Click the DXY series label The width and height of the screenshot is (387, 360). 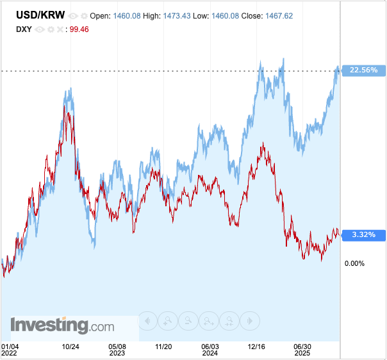[x=24, y=29]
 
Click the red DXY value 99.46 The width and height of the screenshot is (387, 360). [x=79, y=29]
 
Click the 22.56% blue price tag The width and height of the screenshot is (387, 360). [x=364, y=70]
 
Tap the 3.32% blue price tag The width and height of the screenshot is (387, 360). [x=364, y=235]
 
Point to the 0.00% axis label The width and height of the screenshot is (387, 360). [x=354, y=263]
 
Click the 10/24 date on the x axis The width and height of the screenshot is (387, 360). [x=70, y=347]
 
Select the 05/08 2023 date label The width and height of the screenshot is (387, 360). [x=117, y=350]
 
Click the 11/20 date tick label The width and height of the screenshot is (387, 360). [x=163, y=347]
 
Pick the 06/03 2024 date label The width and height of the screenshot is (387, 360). [x=210, y=350]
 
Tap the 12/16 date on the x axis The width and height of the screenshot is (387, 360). [x=256, y=347]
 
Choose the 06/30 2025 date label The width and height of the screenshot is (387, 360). [x=302, y=350]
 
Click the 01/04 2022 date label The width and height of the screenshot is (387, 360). [x=10, y=350]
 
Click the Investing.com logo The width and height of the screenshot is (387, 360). [x=62, y=325]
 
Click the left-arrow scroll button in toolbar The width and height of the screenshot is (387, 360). [x=147, y=320]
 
